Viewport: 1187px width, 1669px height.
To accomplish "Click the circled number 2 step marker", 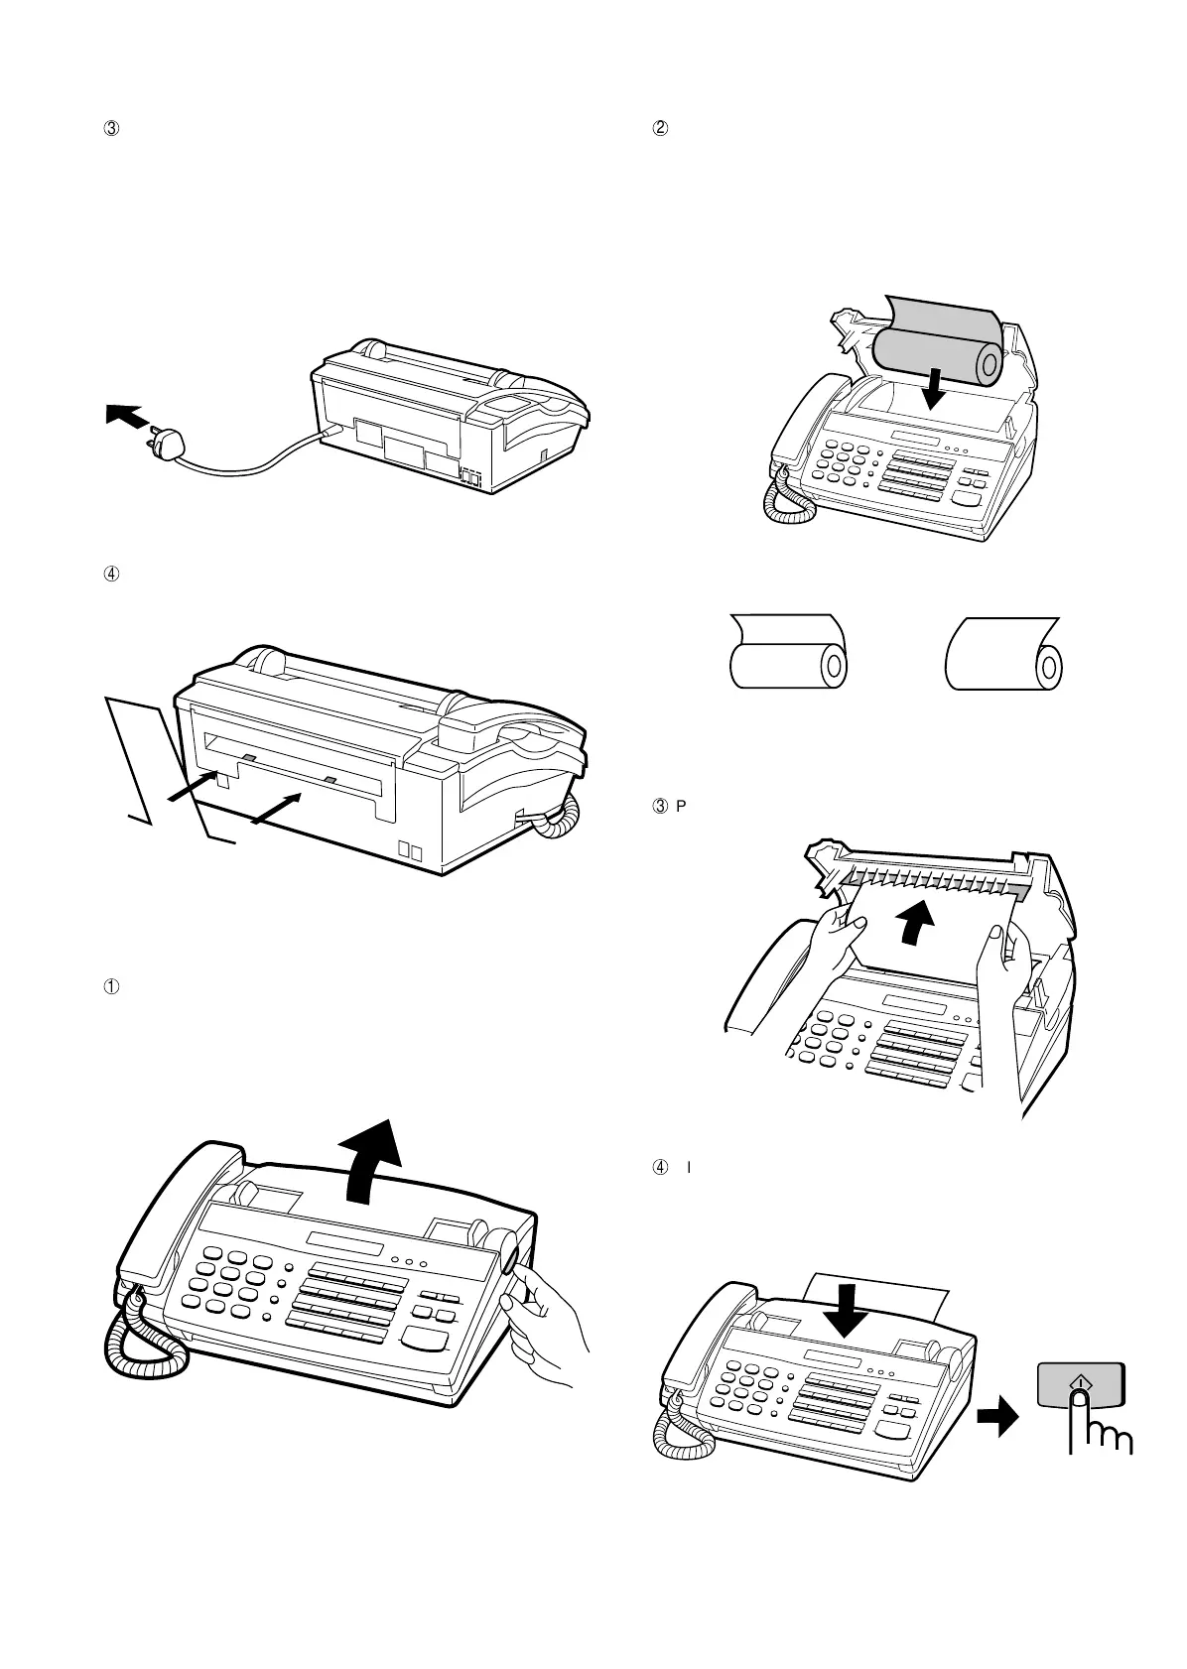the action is [x=656, y=128].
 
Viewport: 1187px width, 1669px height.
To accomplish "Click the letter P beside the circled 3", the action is [x=680, y=804].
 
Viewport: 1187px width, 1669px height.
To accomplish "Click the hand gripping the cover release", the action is [x=546, y=1320].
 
